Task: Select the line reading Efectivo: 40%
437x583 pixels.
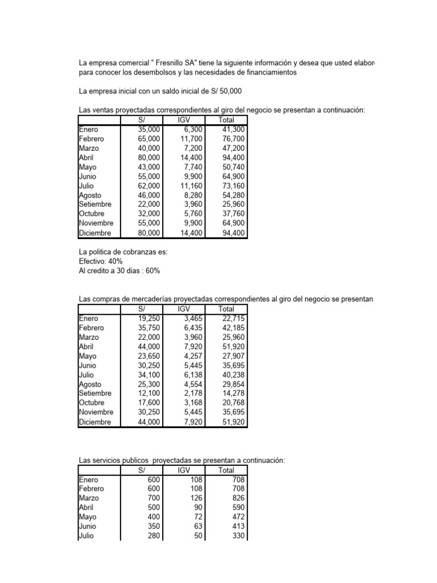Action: (x=101, y=261)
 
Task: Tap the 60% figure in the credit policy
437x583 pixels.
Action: (x=152, y=270)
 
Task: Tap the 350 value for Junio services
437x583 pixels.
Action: (x=154, y=525)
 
